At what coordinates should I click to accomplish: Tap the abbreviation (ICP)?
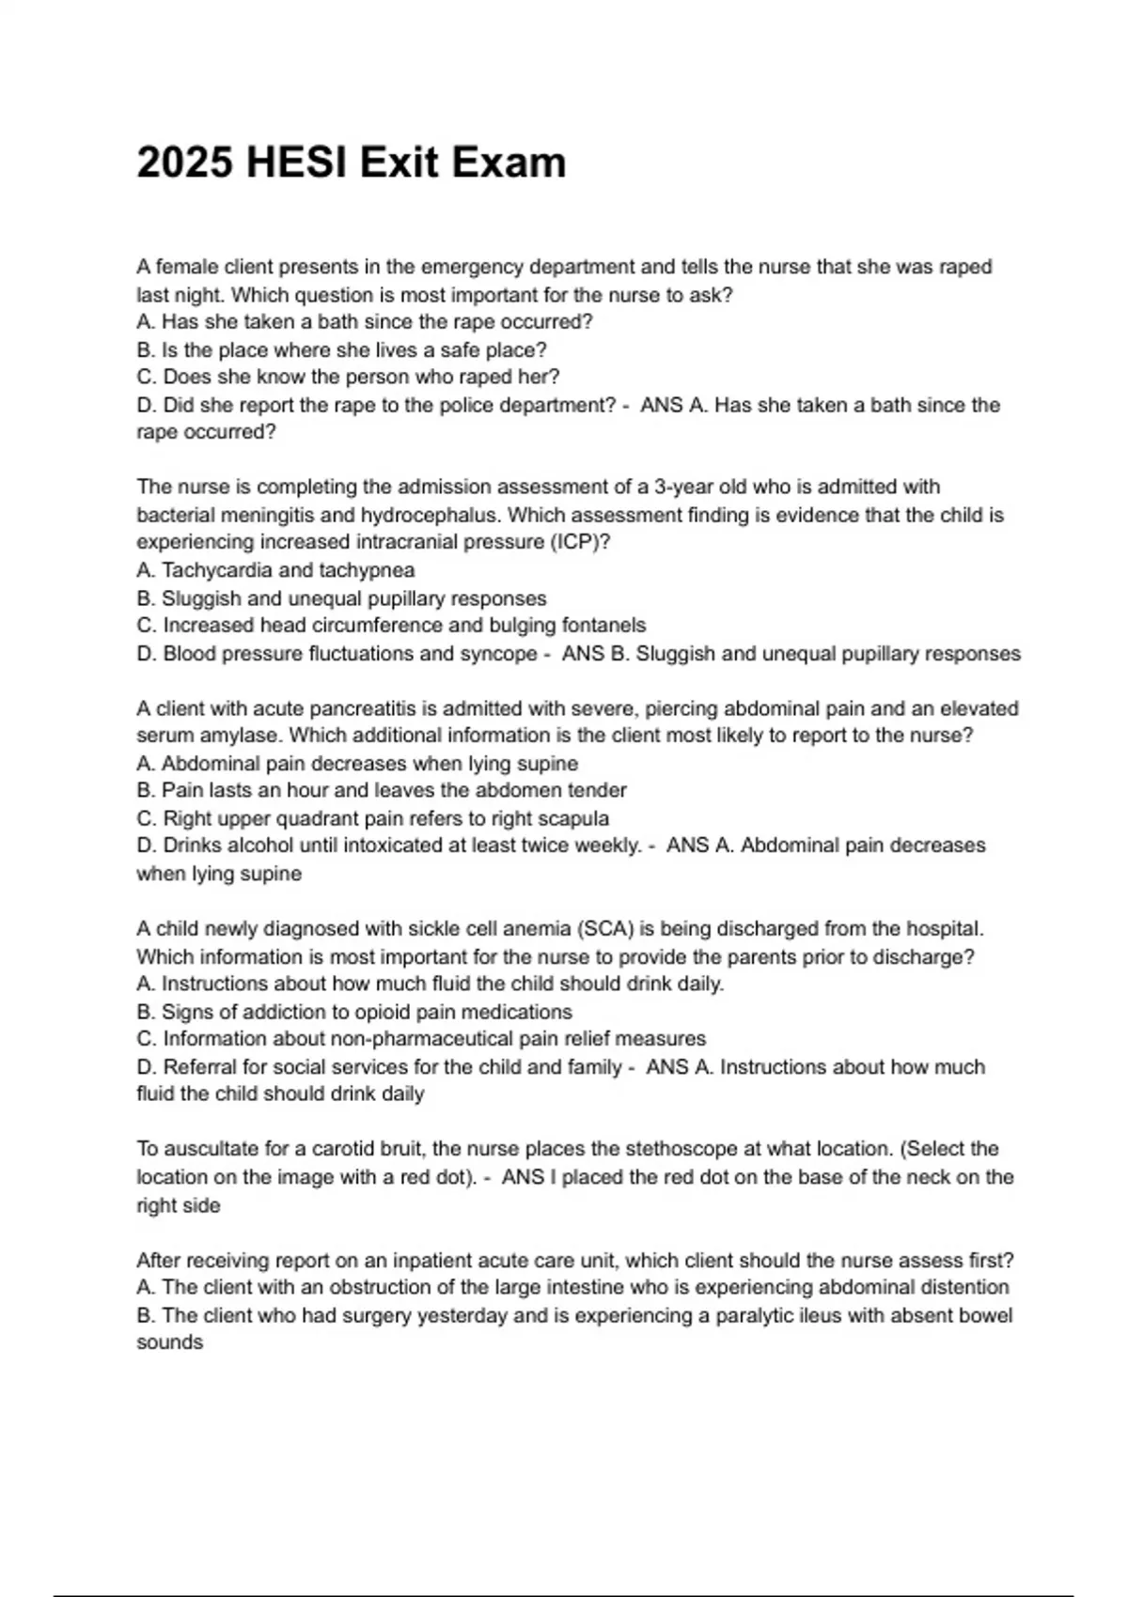tap(579, 542)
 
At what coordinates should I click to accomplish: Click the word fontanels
tap(603, 625)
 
